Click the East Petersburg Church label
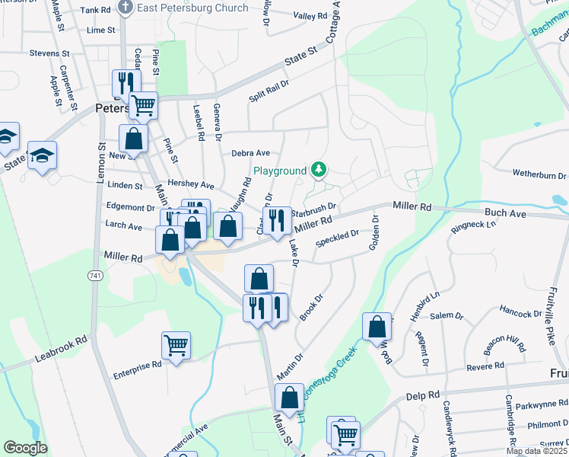[192, 8]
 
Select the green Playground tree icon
[319, 170]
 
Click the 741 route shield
[95, 274]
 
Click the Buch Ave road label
[507, 215]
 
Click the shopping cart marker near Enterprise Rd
[176, 347]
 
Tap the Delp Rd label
[423, 395]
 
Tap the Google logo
[25, 448]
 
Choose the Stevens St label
[49, 54]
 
